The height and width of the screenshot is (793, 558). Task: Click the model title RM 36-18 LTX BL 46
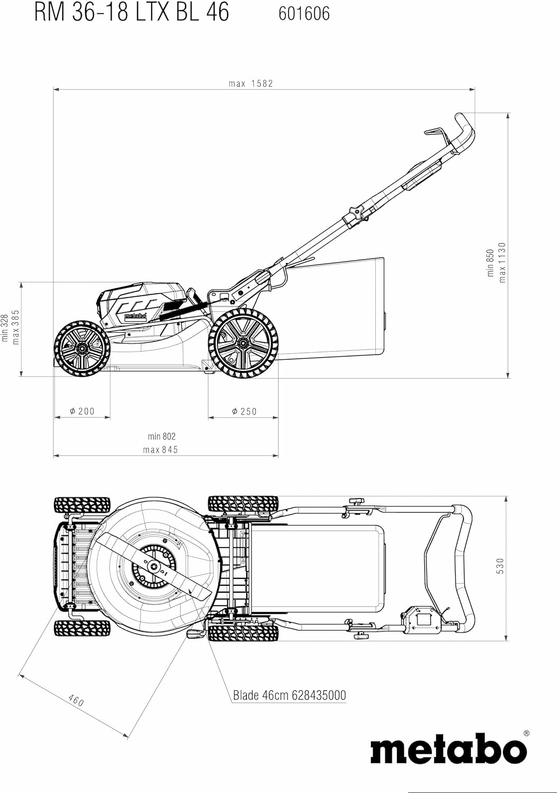(132, 12)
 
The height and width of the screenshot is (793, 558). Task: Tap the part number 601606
(304, 13)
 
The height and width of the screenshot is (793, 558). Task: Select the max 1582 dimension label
(251, 84)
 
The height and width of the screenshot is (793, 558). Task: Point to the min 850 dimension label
(490, 263)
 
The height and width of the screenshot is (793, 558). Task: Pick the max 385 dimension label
(15, 327)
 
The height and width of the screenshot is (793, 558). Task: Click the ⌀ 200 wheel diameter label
(82, 411)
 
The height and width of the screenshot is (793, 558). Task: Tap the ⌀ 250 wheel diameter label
(244, 411)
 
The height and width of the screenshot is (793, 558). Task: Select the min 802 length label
(162, 437)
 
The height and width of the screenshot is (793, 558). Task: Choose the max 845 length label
(161, 449)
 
